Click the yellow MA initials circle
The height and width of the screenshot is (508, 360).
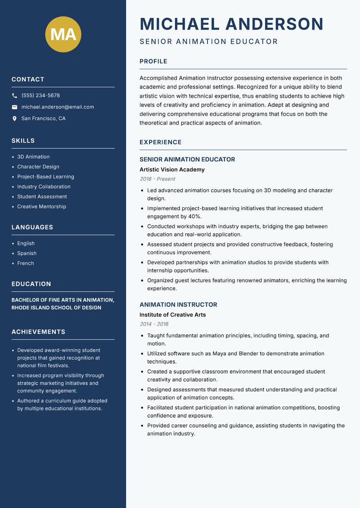63,34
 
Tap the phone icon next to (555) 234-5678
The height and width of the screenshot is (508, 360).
14,96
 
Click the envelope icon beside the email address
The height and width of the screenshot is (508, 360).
14,107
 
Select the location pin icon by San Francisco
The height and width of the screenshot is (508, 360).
14,119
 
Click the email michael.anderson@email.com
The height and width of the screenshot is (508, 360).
58,107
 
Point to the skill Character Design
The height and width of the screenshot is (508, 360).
38,167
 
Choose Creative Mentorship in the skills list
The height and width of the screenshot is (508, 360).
41,207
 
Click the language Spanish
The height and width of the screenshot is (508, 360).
27,254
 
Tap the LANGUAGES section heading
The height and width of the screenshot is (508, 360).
32,227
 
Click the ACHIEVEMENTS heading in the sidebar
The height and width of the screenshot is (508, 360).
38,332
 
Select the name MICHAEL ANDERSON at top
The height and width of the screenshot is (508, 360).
231,24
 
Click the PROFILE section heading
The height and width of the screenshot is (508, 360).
153,62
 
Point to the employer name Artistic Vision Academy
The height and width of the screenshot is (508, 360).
172,170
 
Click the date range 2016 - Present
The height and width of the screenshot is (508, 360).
157,179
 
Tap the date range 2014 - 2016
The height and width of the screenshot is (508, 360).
154,324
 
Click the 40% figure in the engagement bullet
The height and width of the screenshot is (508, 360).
194,217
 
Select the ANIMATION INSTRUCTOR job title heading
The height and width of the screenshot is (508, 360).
178,305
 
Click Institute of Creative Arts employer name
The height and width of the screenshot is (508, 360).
172,315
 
